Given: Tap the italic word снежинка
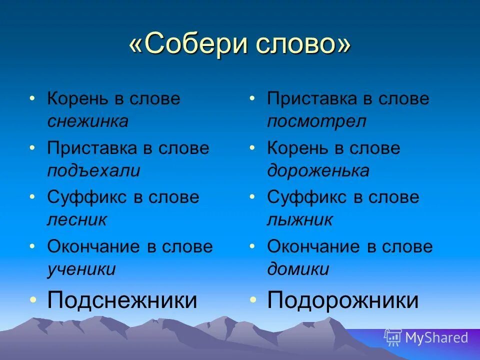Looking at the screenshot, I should pyautogui.click(x=87, y=121).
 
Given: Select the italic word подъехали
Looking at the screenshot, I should pyautogui.click(x=93, y=170).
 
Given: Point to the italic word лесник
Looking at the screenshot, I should pyautogui.click(x=77, y=220).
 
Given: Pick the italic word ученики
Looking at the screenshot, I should pyautogui.click(x=81, y=269).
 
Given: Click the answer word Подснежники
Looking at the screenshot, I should pyautogui.click(x=122, y=300).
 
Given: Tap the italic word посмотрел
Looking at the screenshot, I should pyautogui.click(x=316, y=121).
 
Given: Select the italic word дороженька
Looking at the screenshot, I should pyautogui.click(x=318, y=170).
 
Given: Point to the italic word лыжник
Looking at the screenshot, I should pyautogui.click(x=299, y=220).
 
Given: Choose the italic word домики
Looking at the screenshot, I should pyautogui.click(x=298, y=269).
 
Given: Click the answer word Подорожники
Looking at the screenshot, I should pyautogui.click(x=343, y=300).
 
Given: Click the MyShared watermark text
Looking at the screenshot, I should pyautogui.click(x=436, y=338).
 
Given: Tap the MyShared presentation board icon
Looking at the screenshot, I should pyautogui.click(x=393, y=338).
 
